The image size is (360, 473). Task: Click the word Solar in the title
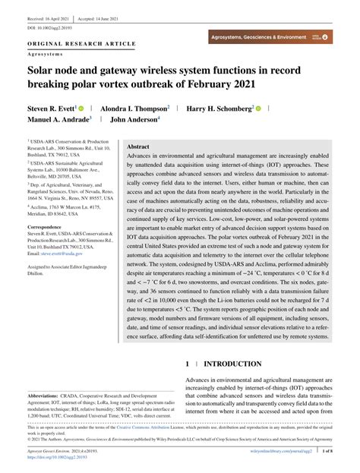[x=45, y=70]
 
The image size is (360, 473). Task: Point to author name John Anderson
[x=134, y=119]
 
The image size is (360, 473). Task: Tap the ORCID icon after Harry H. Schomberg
[x=259, y=109]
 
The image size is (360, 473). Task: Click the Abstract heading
[x=138, y=147]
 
